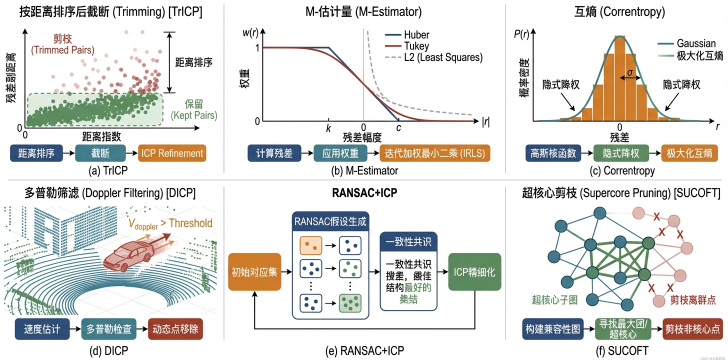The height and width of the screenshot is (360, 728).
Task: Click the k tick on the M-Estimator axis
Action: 328,128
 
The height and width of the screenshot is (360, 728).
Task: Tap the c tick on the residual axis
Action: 398,128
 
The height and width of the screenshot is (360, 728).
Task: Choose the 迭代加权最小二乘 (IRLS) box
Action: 435,153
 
